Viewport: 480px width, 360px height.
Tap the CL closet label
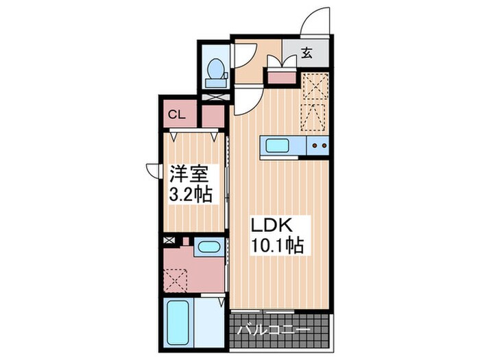pos(177,115)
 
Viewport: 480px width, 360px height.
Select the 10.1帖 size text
pos(277,244)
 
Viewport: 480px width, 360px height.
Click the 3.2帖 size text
pos(190,194)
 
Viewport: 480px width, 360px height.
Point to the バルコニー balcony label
pos(274,330)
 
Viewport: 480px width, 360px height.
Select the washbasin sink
pos(206,248)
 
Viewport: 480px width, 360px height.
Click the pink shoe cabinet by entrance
pos(280,76)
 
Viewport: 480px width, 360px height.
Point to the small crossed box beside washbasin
pos(170,241)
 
